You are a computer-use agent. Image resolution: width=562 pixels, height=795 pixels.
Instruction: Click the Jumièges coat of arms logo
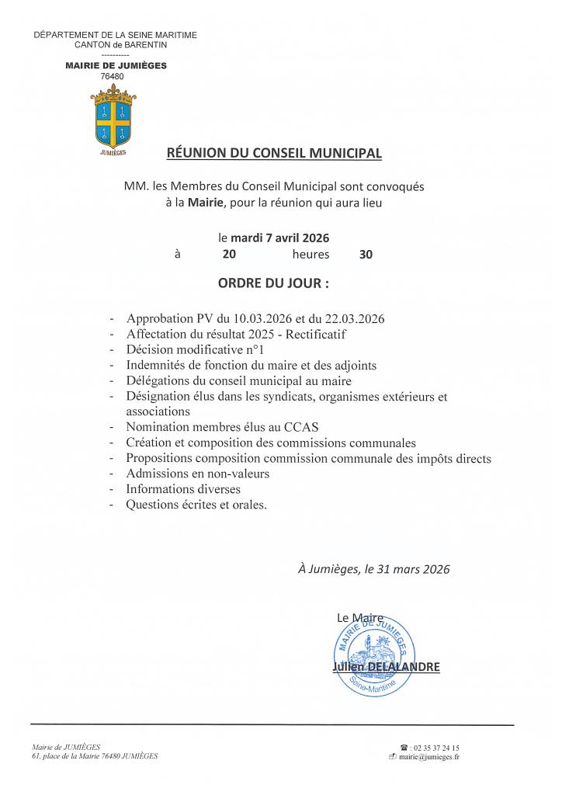pos(115,117)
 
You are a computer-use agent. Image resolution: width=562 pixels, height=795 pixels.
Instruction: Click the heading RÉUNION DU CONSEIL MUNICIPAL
pos(274,153)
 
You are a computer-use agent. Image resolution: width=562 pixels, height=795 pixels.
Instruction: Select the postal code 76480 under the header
pos(113,76)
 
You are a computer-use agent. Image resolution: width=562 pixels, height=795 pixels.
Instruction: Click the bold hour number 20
pos(229,254)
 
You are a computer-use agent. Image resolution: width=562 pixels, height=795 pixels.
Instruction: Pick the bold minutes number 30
pos(366,254)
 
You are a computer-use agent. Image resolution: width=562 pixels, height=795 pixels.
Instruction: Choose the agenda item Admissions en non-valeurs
pos(198,474)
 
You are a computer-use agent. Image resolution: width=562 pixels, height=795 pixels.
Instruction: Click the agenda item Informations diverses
pos(183,489)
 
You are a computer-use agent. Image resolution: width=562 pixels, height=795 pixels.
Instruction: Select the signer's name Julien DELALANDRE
pos(386,667)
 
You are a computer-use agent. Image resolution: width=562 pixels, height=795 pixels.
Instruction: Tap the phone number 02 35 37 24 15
pos(434,746)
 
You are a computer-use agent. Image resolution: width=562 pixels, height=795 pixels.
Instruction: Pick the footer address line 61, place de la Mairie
pos(95,756)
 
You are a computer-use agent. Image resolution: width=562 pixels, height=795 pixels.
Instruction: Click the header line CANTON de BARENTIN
pos(115,45)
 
